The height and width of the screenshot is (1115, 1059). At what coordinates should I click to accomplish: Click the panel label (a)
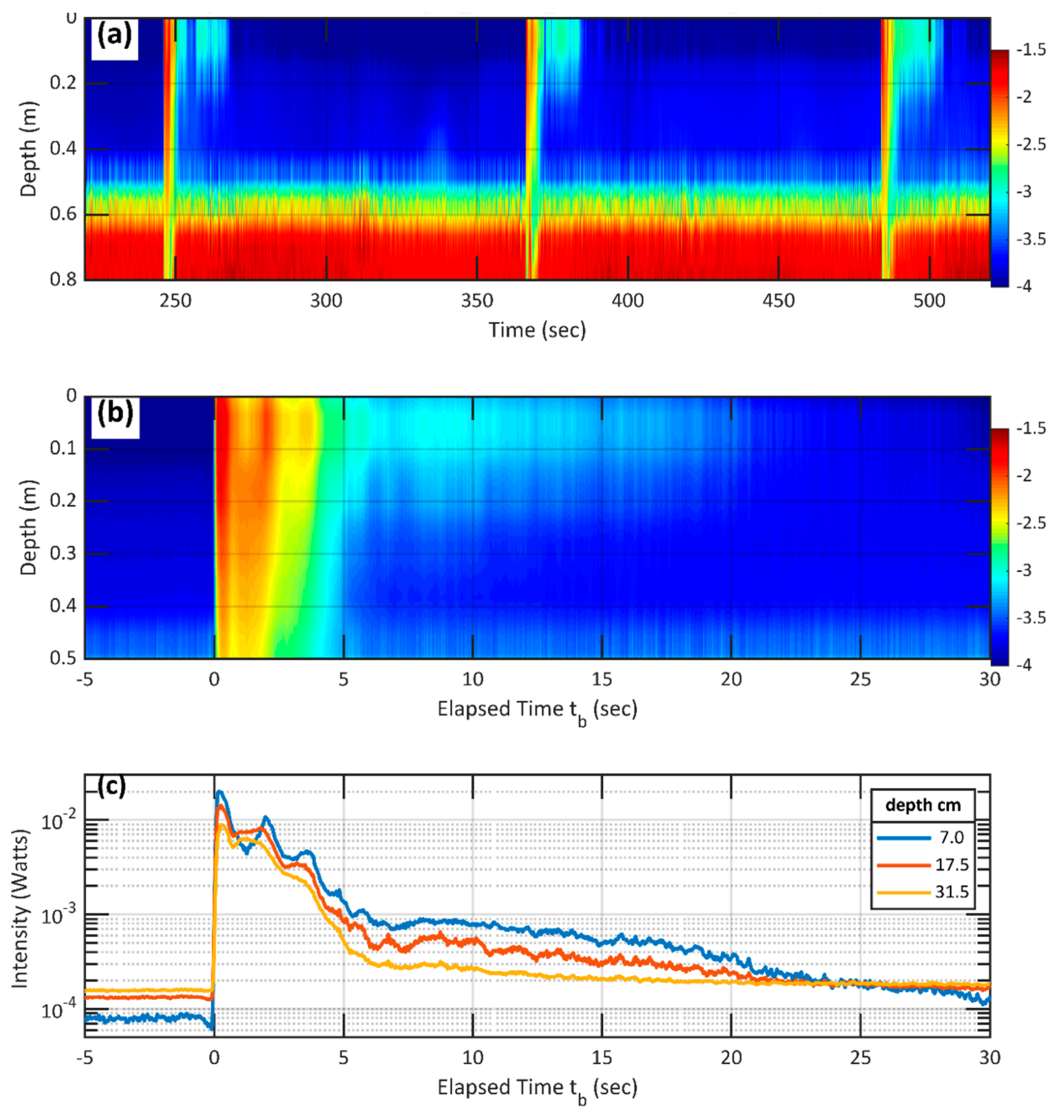[115, 36]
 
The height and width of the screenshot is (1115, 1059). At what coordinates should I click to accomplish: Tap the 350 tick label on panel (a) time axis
[477, 301]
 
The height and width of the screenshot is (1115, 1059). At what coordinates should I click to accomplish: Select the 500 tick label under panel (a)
[929, 301]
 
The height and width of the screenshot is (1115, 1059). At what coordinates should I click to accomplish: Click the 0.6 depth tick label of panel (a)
[63, 214]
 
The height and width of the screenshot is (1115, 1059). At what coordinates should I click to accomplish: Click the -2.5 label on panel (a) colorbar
[1031, 144]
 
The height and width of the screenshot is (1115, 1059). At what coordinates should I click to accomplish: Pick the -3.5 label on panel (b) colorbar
[1031, 617]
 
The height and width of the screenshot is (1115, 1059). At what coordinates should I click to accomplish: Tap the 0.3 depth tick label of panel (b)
[63, 553]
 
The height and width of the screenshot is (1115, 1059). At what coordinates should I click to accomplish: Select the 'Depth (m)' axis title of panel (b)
[28, 527]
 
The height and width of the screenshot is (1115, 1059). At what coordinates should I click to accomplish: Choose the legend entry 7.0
[951, 837]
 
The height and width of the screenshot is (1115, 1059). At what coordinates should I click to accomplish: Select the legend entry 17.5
[951, 865]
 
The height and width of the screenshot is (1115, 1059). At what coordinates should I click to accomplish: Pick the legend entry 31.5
[951, 891]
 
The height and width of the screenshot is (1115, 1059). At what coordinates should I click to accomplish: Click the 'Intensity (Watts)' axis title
[20, 908]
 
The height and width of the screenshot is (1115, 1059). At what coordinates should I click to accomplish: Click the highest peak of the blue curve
[219, 792]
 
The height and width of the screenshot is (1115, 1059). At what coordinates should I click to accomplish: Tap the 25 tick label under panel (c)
[860, 1057]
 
